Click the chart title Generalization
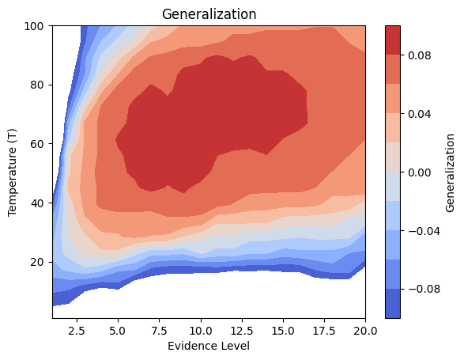pyautogui.click(x=209, y=14)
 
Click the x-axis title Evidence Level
pyautogui.click(x=209, y=346)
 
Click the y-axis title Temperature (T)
pyautogui.click(x=13, y=172)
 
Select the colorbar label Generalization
pyautogui.click(x=449, y=172)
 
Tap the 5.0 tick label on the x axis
pyautogui.click(x=119, y=330)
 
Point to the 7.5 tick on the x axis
pyautogui.click(x=160, y=330)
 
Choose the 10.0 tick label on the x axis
pyautogui.click(x=201, y=330)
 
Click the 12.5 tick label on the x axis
pyautogui.click(x=242, y=330)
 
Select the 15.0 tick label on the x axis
pyautogui.click(x=283, y=330)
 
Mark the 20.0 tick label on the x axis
pyautogui.click(x=365, y=330)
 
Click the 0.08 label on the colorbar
pyautogui.click(x=419, y=55)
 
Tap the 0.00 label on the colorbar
pyautogui.click(x=419, y=172)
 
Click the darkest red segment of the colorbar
pyautogui.click(x=392, y=40)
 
